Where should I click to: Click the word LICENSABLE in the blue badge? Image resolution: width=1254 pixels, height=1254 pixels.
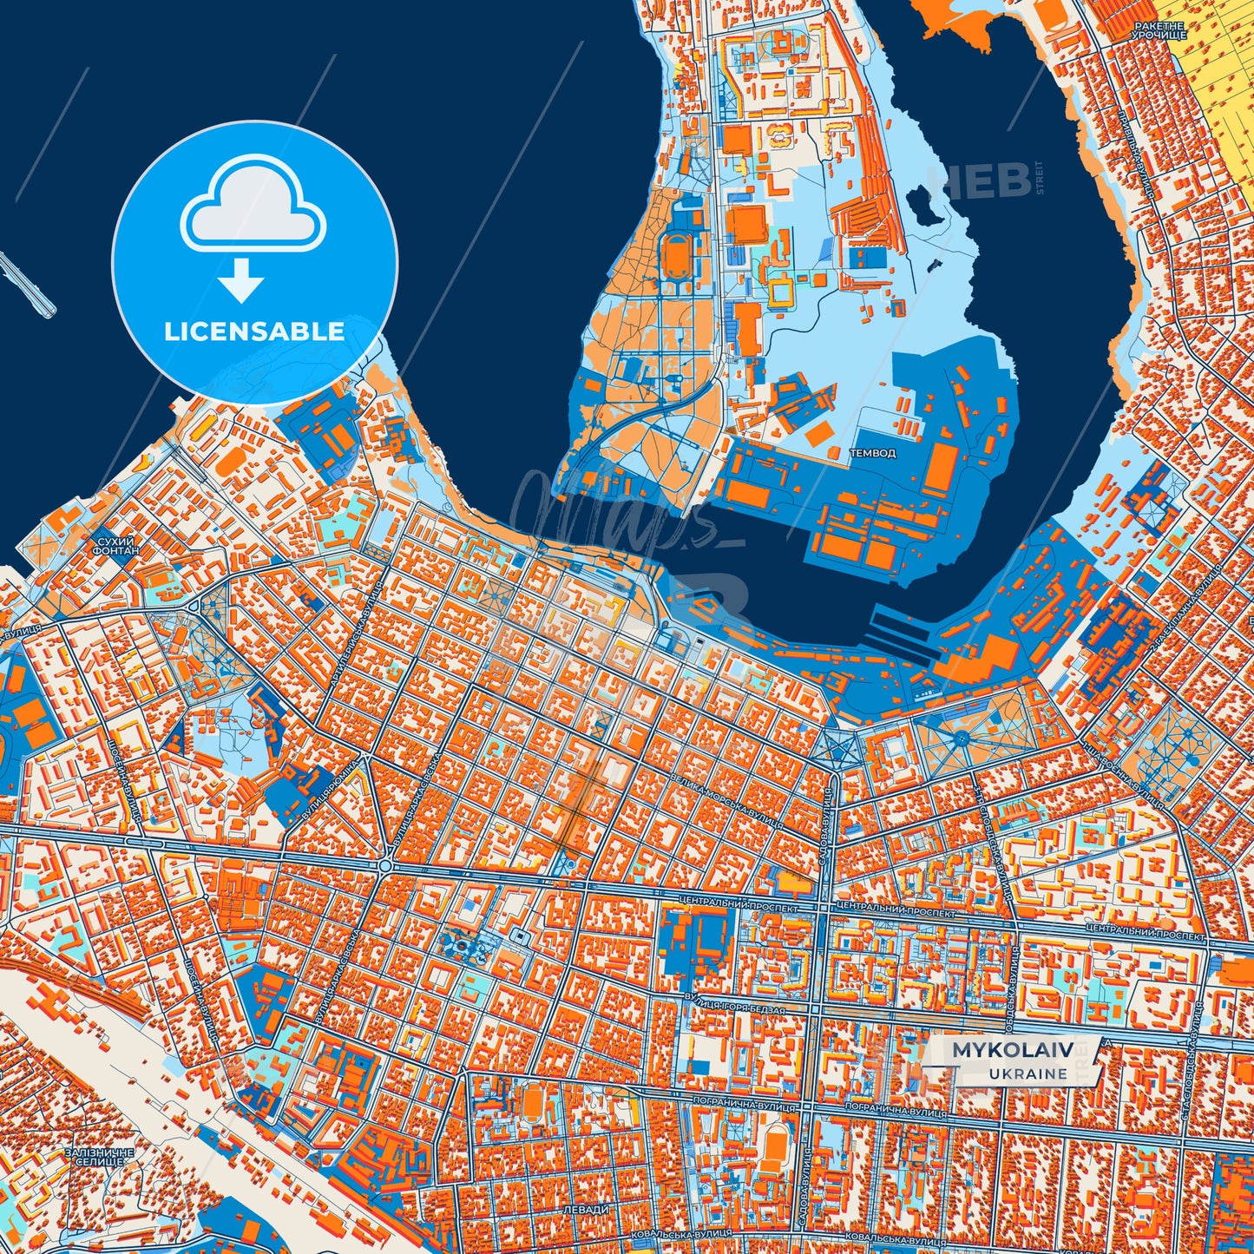click(254, 332)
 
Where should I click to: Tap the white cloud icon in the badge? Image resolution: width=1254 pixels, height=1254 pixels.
click(253, 211)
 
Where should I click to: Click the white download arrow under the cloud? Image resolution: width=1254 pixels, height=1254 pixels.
click(241, 281)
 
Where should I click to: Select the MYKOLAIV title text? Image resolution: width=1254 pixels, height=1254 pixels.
click(1013, 1050)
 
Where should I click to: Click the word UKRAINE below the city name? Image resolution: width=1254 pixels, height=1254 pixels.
click(1027, 1073)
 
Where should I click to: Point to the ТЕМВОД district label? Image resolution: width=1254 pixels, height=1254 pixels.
click(872, 453)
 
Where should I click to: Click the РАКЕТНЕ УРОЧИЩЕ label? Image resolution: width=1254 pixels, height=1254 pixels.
click(1159, 32)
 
